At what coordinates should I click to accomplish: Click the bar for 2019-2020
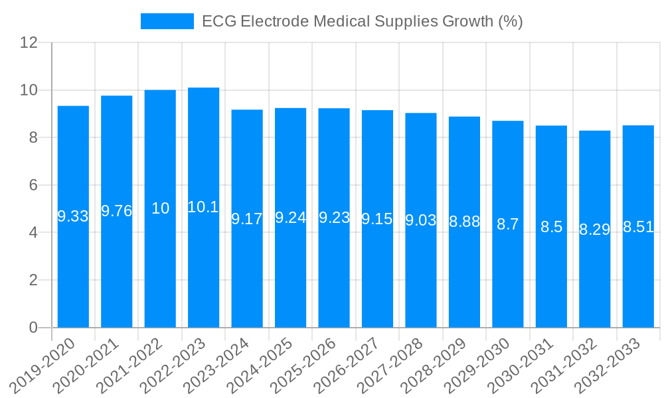(x=73, y=265)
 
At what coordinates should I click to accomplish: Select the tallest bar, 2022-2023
(x=203, y=265)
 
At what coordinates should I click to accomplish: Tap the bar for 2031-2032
(x=594, y=279)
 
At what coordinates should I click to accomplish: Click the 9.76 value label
(x=116, y=211)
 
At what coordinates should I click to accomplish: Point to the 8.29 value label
(x=594, y=230)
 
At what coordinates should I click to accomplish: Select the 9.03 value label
(x=420, y=220)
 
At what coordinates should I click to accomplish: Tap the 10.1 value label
(x=203, y=207)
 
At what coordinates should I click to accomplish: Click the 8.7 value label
(x=507, y=224)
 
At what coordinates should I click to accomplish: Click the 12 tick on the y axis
(x=29, y=42)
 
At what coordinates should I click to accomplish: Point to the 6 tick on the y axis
(x=33, y=185)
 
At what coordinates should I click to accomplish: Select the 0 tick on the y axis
(x=33, y=328)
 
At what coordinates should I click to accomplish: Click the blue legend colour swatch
(x=167, y=21)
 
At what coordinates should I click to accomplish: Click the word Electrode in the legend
(x=274, y=21)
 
